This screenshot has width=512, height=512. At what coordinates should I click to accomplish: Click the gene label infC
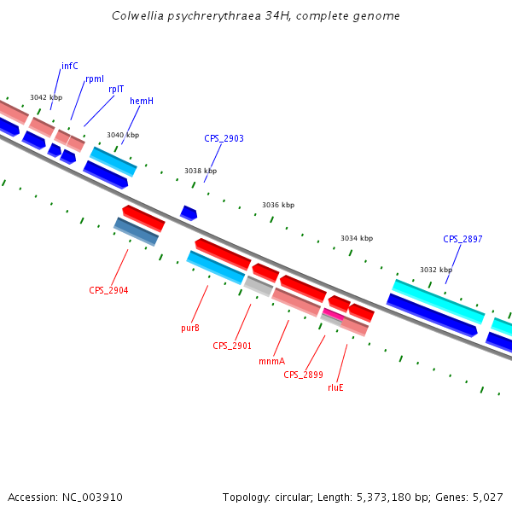pos(70,66)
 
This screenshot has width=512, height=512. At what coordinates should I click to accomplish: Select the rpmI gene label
pos(95,79)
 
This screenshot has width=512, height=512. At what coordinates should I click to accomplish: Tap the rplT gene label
pos(116,89)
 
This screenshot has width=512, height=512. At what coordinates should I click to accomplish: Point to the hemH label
pos(142,101)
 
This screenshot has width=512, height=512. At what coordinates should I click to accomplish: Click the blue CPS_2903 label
pos(224,138)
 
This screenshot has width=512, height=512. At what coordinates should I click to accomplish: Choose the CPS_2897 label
pos(463,239)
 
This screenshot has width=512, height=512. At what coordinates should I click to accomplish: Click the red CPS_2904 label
pos(108,290)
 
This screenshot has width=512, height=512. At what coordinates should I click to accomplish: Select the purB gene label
pos(190,328)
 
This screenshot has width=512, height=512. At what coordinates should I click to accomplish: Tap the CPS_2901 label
pos(232,346)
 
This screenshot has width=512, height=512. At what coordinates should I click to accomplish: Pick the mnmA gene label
pos(271,361)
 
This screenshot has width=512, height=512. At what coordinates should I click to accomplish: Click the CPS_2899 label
pos(303,375)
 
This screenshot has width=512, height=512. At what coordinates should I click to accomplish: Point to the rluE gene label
pos(335,387)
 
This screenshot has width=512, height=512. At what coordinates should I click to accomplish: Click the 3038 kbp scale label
pos(201,172)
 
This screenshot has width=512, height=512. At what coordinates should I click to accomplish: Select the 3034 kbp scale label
pos(357,238)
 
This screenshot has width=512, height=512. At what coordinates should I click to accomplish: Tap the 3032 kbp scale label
pos(435,270)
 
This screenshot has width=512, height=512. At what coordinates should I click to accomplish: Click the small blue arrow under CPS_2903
pos(189,212)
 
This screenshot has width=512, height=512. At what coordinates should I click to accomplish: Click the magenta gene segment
pos(333,315)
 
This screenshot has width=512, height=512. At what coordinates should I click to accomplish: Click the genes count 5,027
pos(486,497)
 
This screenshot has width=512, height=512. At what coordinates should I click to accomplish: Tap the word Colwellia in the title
pos(139,16)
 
